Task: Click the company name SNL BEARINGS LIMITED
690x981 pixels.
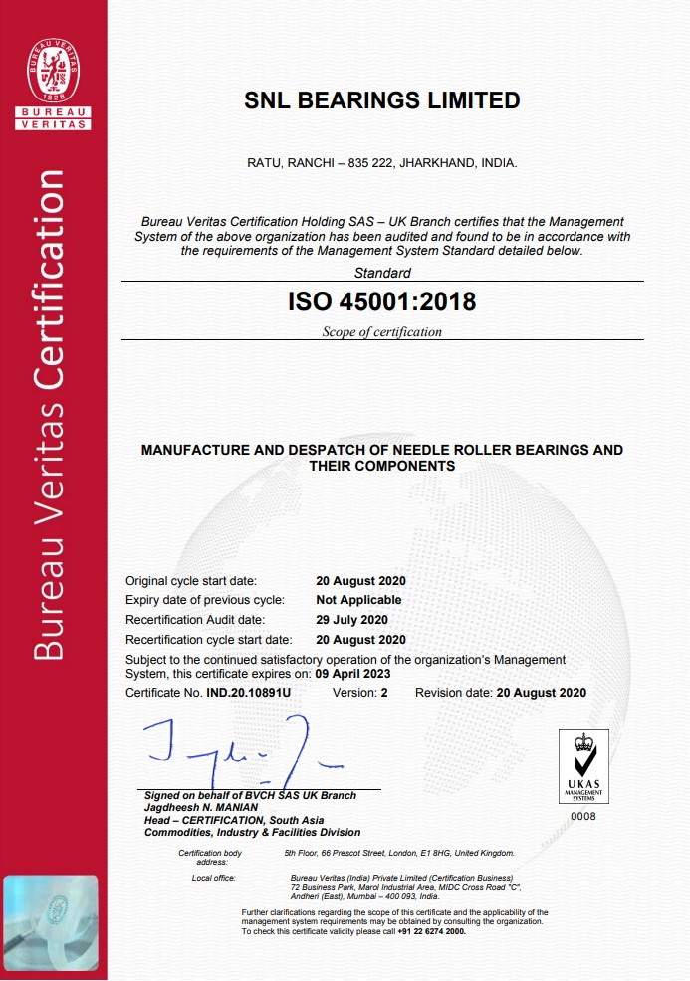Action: coord(382,100)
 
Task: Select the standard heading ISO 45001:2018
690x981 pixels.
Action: coord(382,300)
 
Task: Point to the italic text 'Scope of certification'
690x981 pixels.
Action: coord(381,332)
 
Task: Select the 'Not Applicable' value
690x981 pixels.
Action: coord(358,600)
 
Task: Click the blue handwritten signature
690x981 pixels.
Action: coord(240,753)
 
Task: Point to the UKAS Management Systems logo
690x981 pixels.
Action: coord(583,767)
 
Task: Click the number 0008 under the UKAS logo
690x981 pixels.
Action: coord(582,816)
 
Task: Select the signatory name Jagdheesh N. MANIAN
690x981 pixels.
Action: coord(201,807)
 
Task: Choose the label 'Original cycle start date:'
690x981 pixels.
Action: coord(191,581)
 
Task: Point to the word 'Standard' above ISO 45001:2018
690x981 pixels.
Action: coord(382,273)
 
